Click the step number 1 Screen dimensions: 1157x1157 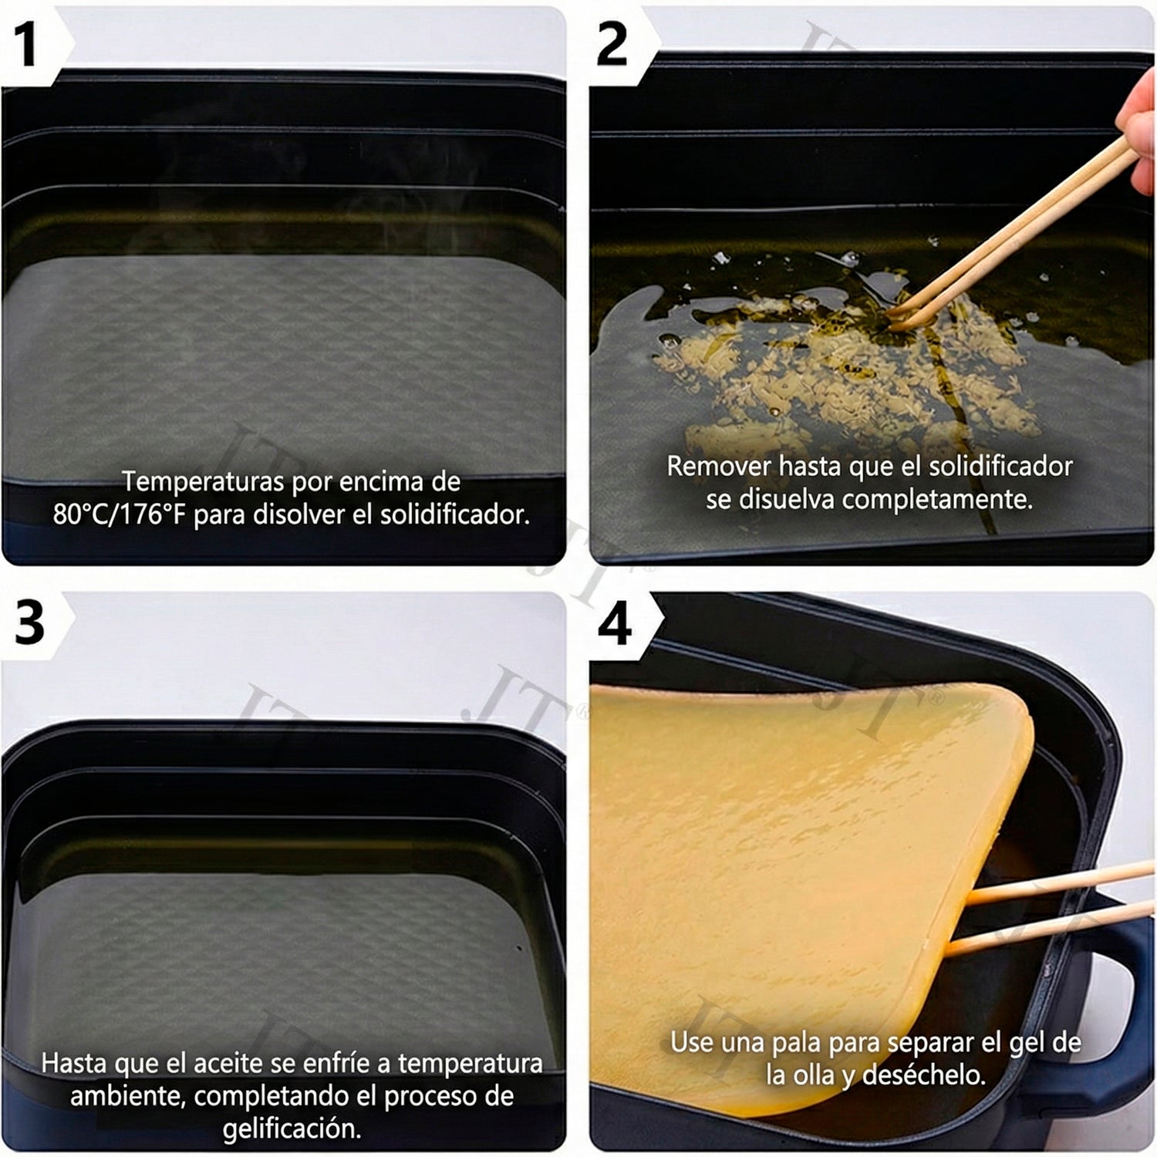coord(28,44)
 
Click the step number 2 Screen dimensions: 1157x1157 coord(612,44)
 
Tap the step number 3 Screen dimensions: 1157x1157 coord(30,622)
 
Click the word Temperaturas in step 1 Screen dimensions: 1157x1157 coord(204,482)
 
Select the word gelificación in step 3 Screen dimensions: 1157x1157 coord(292,1129)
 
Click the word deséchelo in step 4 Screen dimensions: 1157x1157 coord(924,1075)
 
